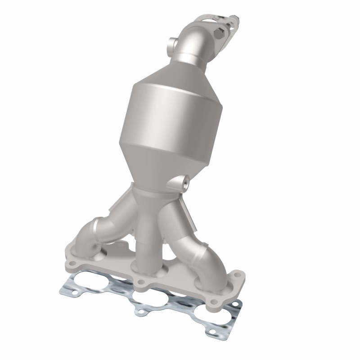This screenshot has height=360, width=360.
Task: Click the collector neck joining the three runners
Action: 155,198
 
